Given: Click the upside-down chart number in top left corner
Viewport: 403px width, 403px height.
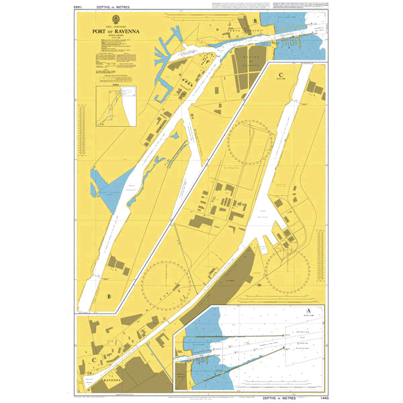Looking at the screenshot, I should click(77, 6).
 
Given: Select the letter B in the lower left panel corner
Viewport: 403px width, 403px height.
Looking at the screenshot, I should click(108, 296).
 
